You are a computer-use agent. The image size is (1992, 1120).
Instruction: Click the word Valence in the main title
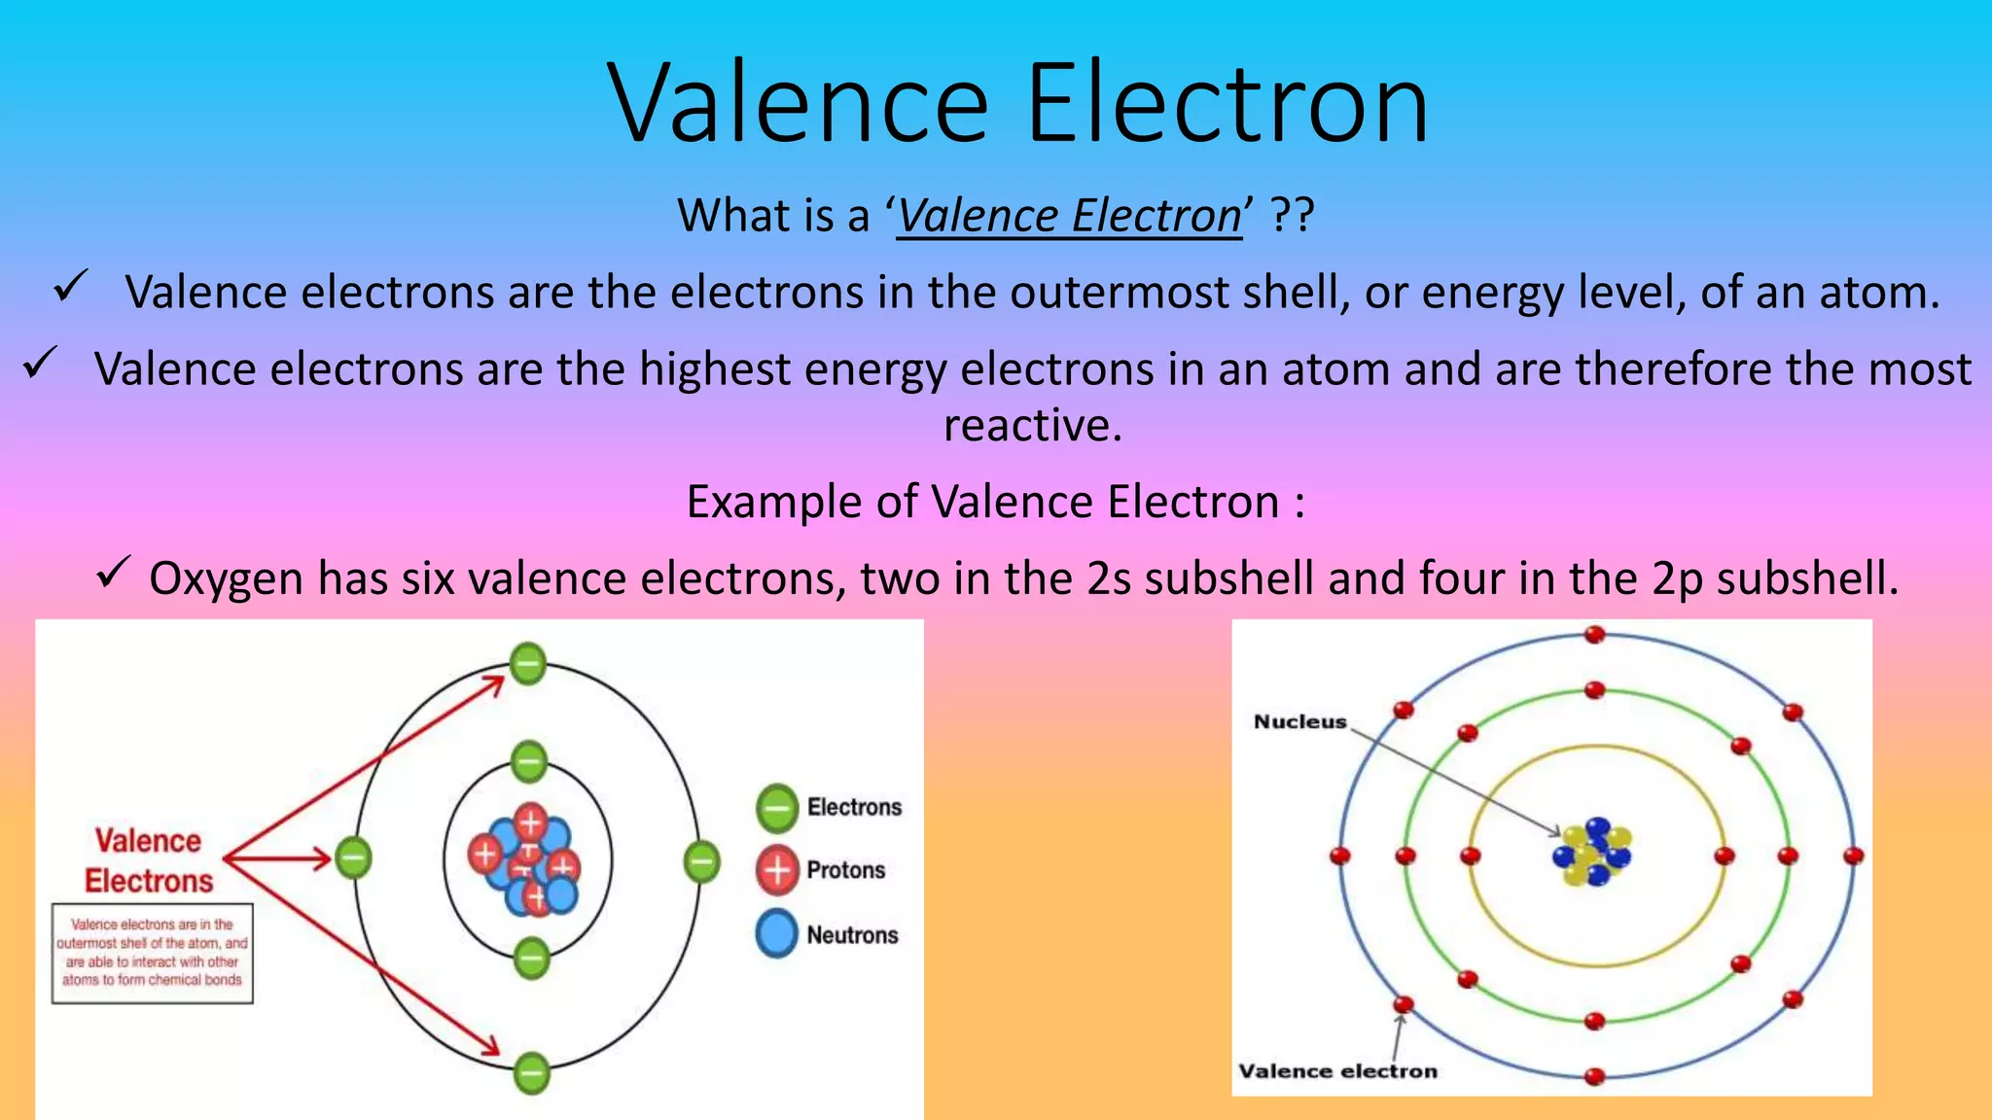click(x=798, y=103)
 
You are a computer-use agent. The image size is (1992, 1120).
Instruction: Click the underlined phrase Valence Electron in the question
click(x=1069, y=216)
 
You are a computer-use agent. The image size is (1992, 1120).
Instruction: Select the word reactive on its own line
click(x=1032, y=426)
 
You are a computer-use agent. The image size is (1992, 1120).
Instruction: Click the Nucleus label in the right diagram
click(x=1299, y=721)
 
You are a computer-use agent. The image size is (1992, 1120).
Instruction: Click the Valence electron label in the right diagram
click(x=1337, y=1071)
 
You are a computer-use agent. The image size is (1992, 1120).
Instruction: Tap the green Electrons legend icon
click(x=777, y=808)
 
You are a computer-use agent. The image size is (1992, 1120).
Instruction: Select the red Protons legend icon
click(x=777, y=870)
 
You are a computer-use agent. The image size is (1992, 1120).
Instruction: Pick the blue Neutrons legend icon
click(x=777, y=934)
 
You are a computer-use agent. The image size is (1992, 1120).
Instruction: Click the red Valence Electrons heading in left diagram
click(x=148, y=860)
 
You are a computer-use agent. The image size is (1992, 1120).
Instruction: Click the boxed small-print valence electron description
click(x=152, y=953)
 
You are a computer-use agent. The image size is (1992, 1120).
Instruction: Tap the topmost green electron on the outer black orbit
click(x=528, y=664)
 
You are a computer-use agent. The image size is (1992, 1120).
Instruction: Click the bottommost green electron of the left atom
click(x=531, y=1073)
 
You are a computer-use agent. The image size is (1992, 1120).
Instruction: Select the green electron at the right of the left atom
click(x=700, y=861)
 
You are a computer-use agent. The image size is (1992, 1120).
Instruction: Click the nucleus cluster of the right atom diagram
click(x=1592, y=852)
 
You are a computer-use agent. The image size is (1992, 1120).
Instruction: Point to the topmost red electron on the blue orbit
click(x=1594, y=635)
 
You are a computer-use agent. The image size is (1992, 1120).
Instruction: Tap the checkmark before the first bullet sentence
click(x=71, y=287)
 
